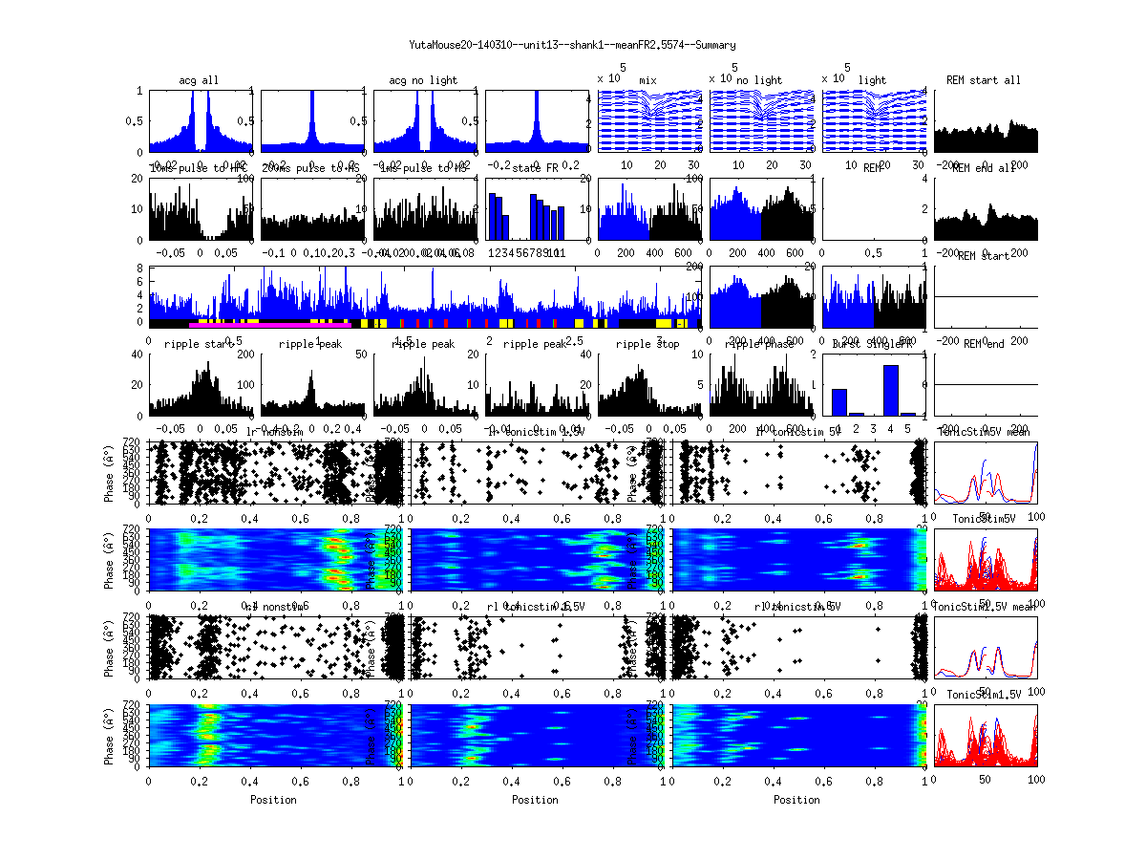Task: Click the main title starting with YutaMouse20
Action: click(572, 45)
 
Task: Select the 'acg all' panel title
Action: click(199, 80)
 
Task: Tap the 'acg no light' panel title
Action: click(423, 80)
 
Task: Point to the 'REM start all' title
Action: click(984, 80)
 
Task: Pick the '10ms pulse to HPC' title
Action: click(191, 168)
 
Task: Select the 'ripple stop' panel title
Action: click(647, 344)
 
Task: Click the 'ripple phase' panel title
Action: click(759, 344)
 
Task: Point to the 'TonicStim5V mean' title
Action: click(985, 432)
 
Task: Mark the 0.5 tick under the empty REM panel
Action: click(873, 253)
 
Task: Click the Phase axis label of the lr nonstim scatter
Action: click(106, 473)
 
